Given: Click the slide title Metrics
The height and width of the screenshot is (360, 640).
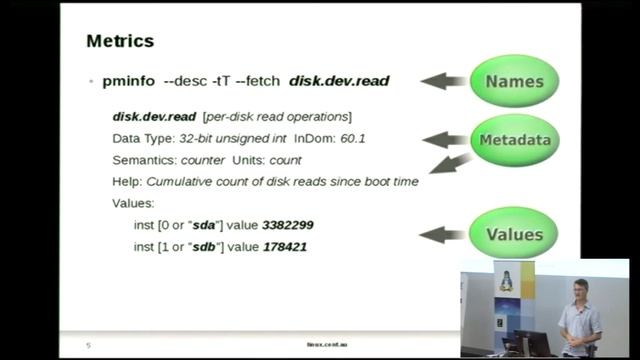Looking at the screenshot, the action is coord(120,41).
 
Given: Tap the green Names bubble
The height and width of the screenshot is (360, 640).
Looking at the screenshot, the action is coord(514,81).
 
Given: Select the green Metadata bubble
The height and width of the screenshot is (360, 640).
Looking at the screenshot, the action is coord(514,140).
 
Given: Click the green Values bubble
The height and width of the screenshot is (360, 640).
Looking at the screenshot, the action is coord(514,235).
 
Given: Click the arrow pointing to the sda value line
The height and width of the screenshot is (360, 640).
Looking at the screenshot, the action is coord(443,235).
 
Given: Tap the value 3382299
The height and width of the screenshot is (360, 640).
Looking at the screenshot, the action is coord(294,225).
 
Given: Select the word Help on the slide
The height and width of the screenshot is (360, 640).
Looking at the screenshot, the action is coord(127,181).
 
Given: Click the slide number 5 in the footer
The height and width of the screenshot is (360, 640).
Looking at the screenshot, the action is coord(88,345).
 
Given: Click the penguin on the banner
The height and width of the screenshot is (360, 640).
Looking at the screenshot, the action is coord(506,281).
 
